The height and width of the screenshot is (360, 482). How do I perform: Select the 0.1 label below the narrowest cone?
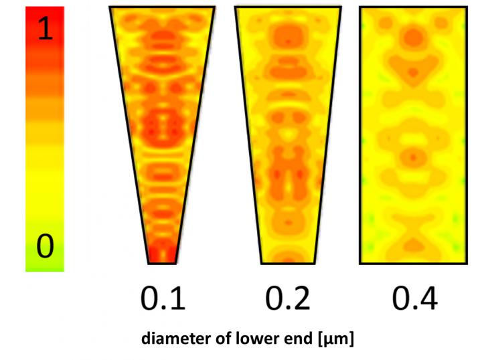click(x=162, y=298)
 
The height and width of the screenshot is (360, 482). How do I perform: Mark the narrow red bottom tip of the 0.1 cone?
click(x=162, y=257)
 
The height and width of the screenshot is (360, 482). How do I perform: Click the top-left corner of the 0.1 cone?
click(x=110, y=7)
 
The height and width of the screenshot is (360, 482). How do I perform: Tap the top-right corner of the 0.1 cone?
click(x=214, y=7)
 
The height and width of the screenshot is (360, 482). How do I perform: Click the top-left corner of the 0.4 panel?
click(x=359, y=7)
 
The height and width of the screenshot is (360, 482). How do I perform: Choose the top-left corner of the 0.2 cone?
click(x=235, y=7)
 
